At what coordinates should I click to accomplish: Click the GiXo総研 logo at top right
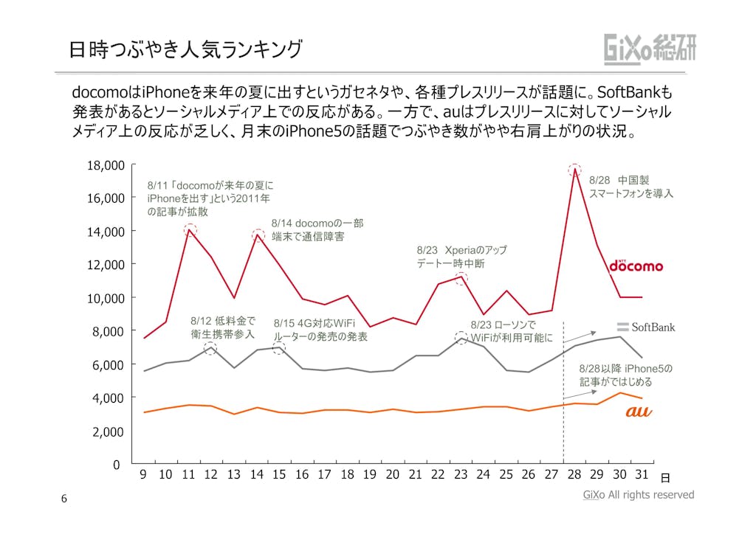[x=650, y=49]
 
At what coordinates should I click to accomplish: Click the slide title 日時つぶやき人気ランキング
[x=185, y=49]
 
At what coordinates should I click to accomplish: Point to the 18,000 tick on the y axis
[x=106, y=165]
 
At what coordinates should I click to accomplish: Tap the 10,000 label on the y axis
[x=106, y=298]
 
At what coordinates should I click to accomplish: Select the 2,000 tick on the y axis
[x=108, y=431]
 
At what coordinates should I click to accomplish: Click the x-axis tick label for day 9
[x=143, y=475]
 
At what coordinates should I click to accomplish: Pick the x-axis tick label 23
[x=461, y=475]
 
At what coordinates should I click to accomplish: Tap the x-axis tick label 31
[x=642, y=475]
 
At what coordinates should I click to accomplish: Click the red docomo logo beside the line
[x=636, y=265]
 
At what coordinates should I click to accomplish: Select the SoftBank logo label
[x=645, y=327]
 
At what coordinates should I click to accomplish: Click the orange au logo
[x=639, y=412]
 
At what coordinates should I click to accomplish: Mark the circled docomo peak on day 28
[x=574, y=169]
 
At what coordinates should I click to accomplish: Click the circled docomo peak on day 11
[x=190, y=229]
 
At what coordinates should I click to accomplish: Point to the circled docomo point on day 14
[x=258, y=235]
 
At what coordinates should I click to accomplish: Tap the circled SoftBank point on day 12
[x=211, y=347]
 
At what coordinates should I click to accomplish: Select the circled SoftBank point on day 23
[x=461, y=338]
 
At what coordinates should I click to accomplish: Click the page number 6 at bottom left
[x=63, y=499]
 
